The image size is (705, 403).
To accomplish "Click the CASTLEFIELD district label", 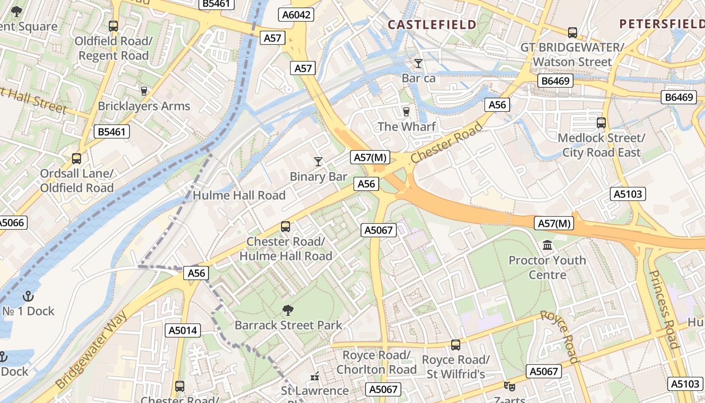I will [x=432, y=25].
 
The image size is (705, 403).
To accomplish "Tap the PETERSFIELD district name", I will [x=662, y=24].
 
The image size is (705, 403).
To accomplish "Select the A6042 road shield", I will [x=297, y=15].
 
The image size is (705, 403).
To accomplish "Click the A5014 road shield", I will [x=183, y=330].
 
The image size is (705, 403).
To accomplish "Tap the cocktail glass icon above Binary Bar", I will [x=318, y=161].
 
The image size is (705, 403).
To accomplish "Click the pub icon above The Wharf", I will [x=406, y=111].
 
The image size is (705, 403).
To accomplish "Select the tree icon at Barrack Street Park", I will [x=288, y=310].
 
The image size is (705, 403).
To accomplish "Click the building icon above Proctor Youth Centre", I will [x=547, y=245].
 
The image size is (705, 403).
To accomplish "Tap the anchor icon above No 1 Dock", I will [x=28, y=296].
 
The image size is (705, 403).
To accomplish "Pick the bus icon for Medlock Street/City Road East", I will [x=601, y=122].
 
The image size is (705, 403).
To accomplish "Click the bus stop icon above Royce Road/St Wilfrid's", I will [x=456, y=345].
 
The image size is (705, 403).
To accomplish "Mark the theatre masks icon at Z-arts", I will [x=510, y=386].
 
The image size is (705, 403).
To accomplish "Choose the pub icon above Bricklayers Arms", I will [x=144, y=91].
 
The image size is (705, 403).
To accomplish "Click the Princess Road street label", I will [x=665, y=309].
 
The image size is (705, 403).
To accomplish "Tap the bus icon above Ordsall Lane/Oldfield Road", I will [x=77, y=158].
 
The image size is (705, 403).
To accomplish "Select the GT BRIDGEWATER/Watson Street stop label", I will [x=572, y=54].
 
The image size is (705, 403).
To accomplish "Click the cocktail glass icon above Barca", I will [x=418, y=63].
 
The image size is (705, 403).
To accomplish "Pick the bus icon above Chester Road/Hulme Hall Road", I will [x=286, y=226].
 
